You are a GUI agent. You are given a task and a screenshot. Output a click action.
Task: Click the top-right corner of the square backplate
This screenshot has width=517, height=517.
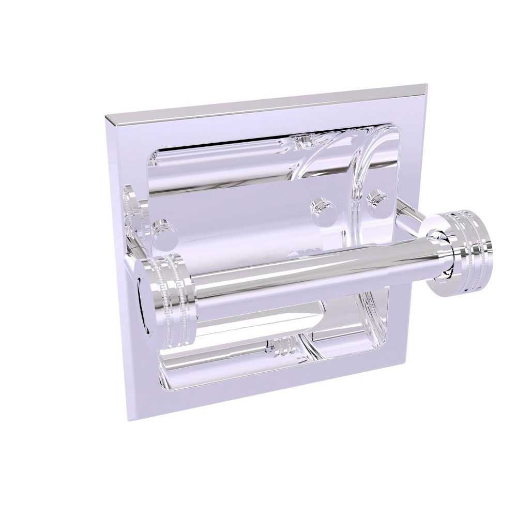point(427,85)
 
